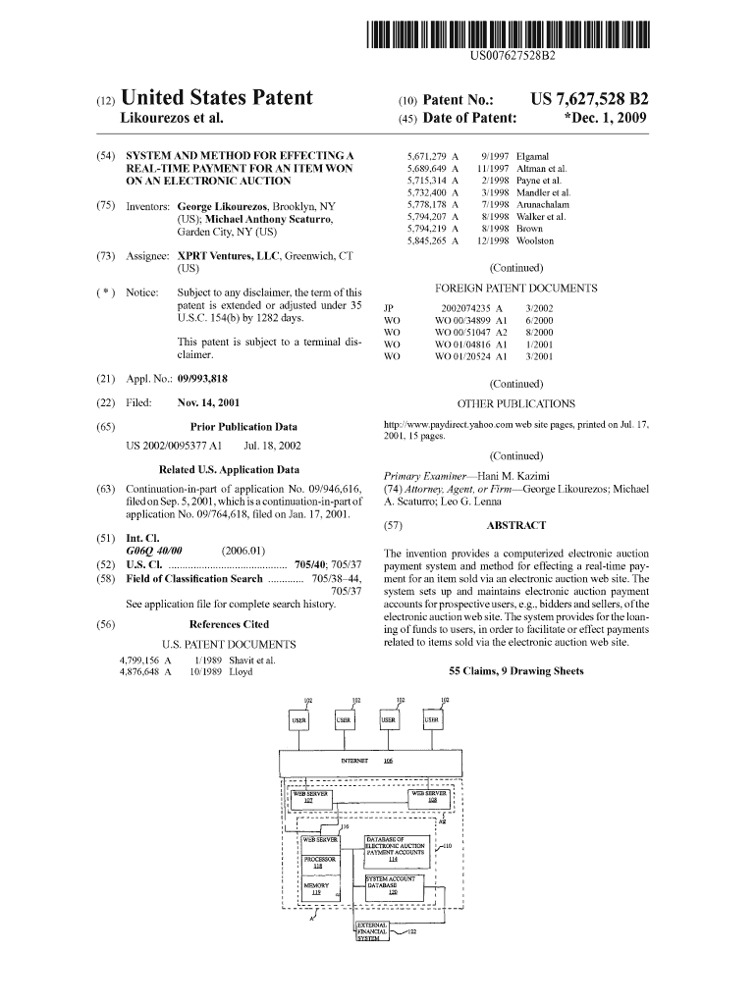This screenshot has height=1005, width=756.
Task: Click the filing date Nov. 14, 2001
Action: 208,402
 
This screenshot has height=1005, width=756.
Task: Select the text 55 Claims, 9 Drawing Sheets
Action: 515,671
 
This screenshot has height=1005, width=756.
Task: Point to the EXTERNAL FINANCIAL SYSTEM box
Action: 373,931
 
